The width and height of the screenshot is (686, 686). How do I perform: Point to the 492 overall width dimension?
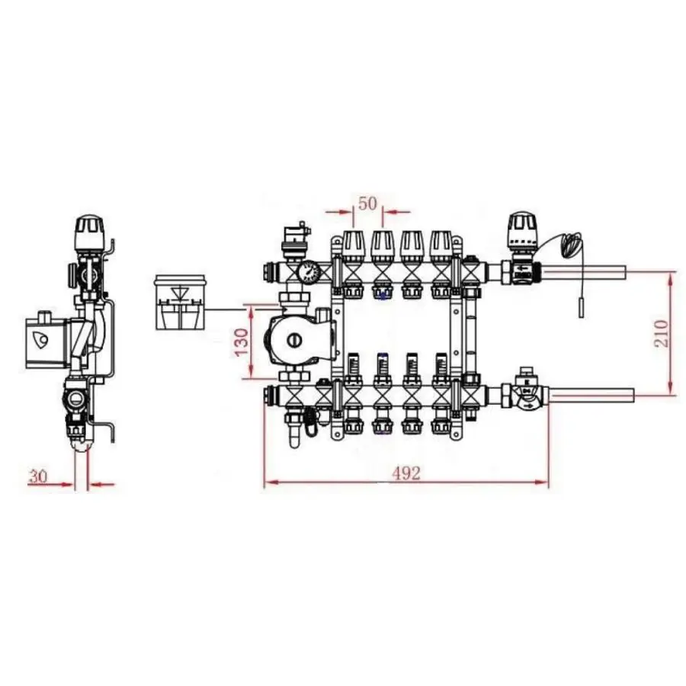pyautogui.click(x=406, y=473)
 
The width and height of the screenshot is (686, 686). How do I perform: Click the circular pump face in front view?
pyautogui.click(x=290, y=341)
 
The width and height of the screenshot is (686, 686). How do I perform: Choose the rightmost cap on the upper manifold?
pyautogui.click(x=441, y=244)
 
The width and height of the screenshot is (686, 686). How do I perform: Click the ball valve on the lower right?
pyautogui.click(x=525, y=393)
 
